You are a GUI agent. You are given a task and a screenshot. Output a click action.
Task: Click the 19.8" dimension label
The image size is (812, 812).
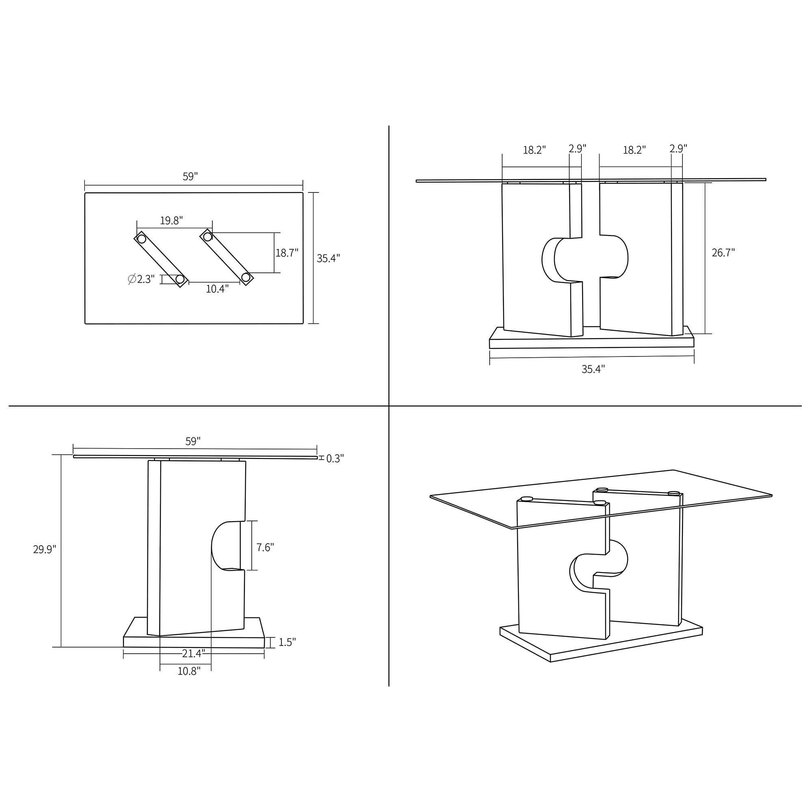pyautogui.click(x=171, y=220)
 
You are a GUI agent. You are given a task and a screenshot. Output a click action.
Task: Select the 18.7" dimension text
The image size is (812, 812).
pyautogui.click(x=287, y=253)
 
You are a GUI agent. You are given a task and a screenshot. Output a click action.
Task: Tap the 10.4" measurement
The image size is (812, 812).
pyautogui.click(x=217, y=289)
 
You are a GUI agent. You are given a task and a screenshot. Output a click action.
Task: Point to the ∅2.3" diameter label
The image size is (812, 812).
pyautogui.click(x=142, y=279)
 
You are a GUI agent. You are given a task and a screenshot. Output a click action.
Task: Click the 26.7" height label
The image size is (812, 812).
pyautogui.click(x=723, y=253)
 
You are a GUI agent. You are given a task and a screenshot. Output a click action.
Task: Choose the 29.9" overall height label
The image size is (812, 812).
pyautogui.click(x=45, y=550)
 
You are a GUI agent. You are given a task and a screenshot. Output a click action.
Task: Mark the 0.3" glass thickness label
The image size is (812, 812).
pyautogui.click(x=335, y=458)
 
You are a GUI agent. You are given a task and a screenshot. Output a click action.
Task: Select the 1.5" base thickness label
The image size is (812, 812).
pyautogui.click(x=287, y=642)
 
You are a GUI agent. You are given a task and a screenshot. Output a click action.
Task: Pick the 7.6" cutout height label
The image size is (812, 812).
pyautogui.click(x=265, y=547)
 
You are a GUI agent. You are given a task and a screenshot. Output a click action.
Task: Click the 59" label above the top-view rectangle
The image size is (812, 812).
pyautogui.click(x=190, y=177)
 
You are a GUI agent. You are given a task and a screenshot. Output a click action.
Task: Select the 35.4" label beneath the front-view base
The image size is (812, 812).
pyautogui.click(x=593, y=369)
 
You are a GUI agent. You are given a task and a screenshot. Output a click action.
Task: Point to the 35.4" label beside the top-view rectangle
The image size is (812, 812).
pyautogui.click(x=328, y=259)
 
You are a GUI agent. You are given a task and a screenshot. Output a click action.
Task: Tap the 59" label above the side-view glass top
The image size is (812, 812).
pyautogui.click(x=193, y=441)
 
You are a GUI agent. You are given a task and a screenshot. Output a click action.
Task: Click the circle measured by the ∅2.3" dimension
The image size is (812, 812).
pyautogui.click(x=180, y=279)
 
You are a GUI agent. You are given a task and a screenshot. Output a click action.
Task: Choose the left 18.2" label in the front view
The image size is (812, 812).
pyautogui.click(x=534, y=151)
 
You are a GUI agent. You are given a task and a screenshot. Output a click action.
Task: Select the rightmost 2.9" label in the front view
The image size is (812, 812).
pyautogui.click(x=678, y=149)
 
